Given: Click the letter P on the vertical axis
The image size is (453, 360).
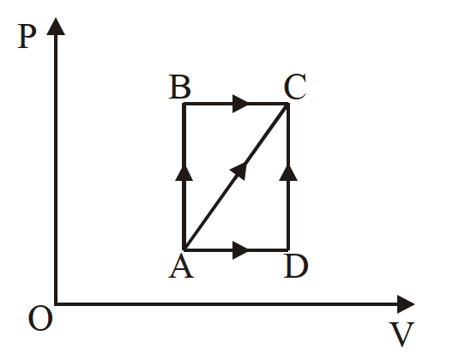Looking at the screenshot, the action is (x=27, y=36).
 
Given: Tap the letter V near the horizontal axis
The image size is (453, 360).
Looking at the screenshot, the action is (x=402, y=334).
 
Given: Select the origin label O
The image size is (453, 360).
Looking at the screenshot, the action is (x=40, y=318).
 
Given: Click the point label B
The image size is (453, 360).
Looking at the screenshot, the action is (x=179, y=87).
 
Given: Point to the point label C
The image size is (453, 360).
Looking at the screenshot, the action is (x=294, y=87).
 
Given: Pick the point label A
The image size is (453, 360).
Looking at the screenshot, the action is (x=181, y=267).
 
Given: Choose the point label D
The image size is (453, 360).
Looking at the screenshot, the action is (x=296, y=267).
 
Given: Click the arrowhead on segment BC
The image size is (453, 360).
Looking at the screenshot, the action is (x=240, y=104).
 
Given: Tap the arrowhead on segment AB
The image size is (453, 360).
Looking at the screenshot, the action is (x=184, y=173).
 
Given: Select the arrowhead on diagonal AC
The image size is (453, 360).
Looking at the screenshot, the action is (x=239, y=171).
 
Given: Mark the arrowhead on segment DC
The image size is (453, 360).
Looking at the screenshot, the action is (x=288, y=173).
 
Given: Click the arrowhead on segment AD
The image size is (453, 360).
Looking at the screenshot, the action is (x=240, y=250).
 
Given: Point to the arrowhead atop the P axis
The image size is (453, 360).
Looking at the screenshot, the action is (x=56, y=27).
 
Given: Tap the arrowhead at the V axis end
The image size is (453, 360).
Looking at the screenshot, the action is (x=406, y=304).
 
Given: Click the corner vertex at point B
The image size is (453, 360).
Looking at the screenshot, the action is (x=184, y=104).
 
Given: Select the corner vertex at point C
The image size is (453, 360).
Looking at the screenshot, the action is (x=287, y=104).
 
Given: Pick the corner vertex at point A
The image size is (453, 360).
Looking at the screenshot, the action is (x=184, y=249).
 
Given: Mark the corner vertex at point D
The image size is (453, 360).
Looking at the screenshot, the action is (x=287, y=249).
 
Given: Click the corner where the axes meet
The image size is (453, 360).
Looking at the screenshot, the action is (x=56, y=303).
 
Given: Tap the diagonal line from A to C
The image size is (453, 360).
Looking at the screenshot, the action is (x=236, y=177).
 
